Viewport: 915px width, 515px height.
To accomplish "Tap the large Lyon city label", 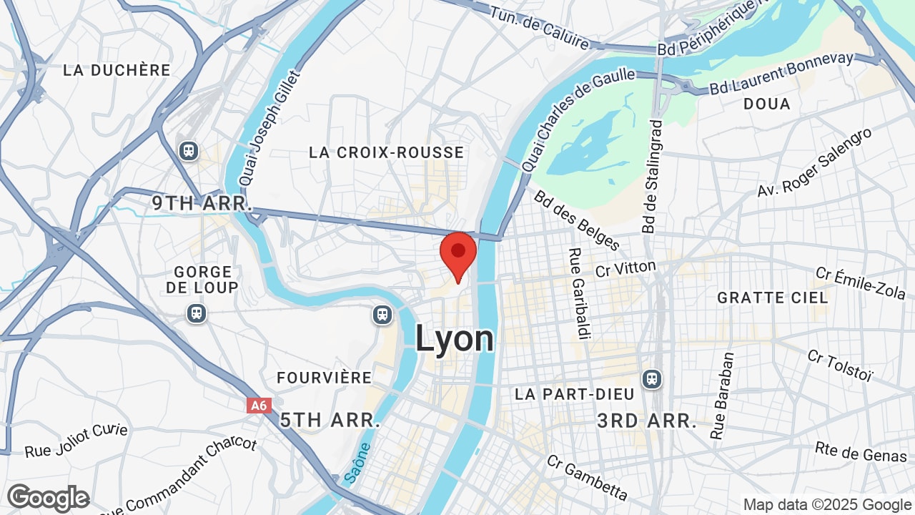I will click(455, 338).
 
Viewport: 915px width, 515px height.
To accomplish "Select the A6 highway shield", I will click(259, 406).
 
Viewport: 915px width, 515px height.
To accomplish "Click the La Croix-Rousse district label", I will click(387, 152).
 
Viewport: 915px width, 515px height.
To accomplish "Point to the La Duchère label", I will click(117, 70).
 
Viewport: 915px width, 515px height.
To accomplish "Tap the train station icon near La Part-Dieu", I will click(651, 378).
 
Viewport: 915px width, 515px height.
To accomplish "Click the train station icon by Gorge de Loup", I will click(197, 313).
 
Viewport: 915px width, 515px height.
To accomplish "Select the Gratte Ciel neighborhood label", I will click(773, 297).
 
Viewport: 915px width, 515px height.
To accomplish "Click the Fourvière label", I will click(325, 378).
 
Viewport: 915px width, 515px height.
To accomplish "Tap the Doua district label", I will click(767, 104).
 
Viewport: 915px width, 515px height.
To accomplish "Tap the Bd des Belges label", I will click(577, 220).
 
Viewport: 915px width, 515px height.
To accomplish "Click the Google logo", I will click(48, 498).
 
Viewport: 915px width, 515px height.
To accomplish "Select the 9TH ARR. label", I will click(202, 203).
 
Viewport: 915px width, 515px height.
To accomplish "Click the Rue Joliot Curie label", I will click(76, 441).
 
